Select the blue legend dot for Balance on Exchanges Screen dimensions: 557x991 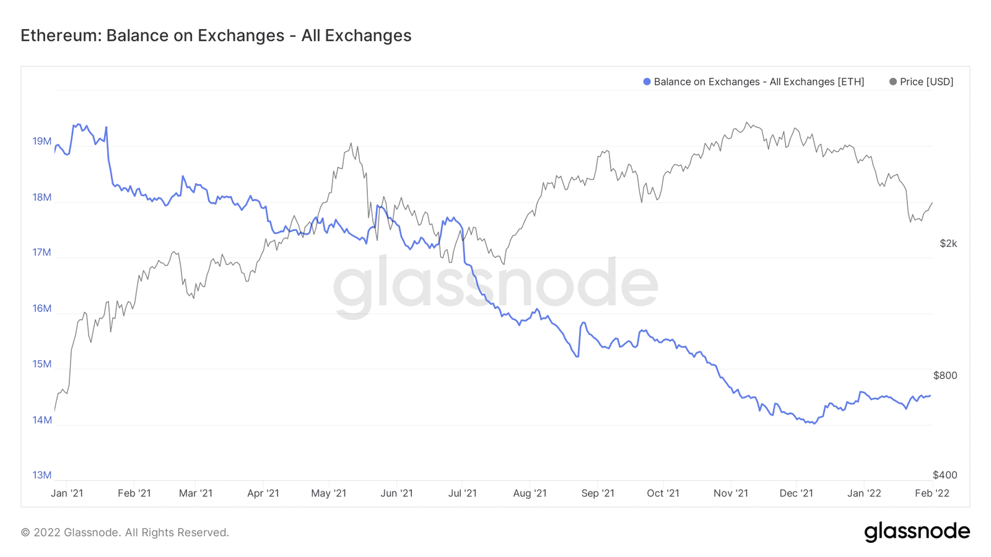pos(647,82)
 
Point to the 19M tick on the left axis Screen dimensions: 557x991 pos(42,141)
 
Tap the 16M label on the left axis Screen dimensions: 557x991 pos(42,308)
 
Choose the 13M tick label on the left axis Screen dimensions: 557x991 pos(42,475)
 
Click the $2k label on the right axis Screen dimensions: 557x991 pos(948,243)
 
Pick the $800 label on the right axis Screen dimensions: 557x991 pos(945,375)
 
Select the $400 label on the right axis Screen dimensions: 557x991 pos(945,475)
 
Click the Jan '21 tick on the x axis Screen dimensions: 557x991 pos(67,493)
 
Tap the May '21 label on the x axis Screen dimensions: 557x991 pos(329,493)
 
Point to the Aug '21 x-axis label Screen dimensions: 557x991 pos(530,493)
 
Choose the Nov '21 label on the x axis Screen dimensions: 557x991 pos(731,493)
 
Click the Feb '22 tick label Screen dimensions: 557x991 pos(932,493)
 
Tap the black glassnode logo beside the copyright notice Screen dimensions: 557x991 pos(917,532)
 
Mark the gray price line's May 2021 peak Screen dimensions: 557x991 pos(351,144)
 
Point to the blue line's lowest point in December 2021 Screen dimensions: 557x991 pos(814,423)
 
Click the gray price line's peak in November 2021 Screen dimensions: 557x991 pos(747,123)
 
